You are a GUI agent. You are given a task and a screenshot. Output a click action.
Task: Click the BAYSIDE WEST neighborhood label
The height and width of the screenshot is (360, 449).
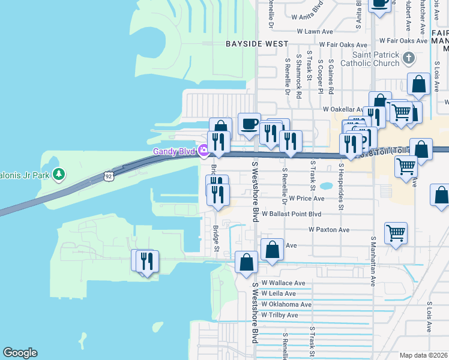(256, 44)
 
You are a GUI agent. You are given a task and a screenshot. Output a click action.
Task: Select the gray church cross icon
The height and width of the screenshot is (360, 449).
(409, 58)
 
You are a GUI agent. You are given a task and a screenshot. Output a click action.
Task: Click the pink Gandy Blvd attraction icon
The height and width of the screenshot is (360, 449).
(204, 149)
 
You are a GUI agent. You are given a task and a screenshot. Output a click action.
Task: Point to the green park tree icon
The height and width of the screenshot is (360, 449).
(58, 175)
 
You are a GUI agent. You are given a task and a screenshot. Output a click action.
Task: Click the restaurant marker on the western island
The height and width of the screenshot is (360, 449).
(145, 261)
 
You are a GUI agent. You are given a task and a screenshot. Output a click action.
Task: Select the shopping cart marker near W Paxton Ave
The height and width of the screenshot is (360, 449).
(396, 233)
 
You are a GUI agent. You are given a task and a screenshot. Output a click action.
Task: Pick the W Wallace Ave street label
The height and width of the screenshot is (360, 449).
(283, 283)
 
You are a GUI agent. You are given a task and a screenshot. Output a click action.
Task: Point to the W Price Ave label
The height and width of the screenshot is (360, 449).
(306, 198)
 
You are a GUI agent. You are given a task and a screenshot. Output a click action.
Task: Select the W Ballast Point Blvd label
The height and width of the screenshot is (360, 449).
(292, 214)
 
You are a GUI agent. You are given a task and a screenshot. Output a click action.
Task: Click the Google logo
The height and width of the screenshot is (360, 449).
(20, 353)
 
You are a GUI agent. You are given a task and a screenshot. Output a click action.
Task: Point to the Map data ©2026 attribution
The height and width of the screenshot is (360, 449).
(423, 355)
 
